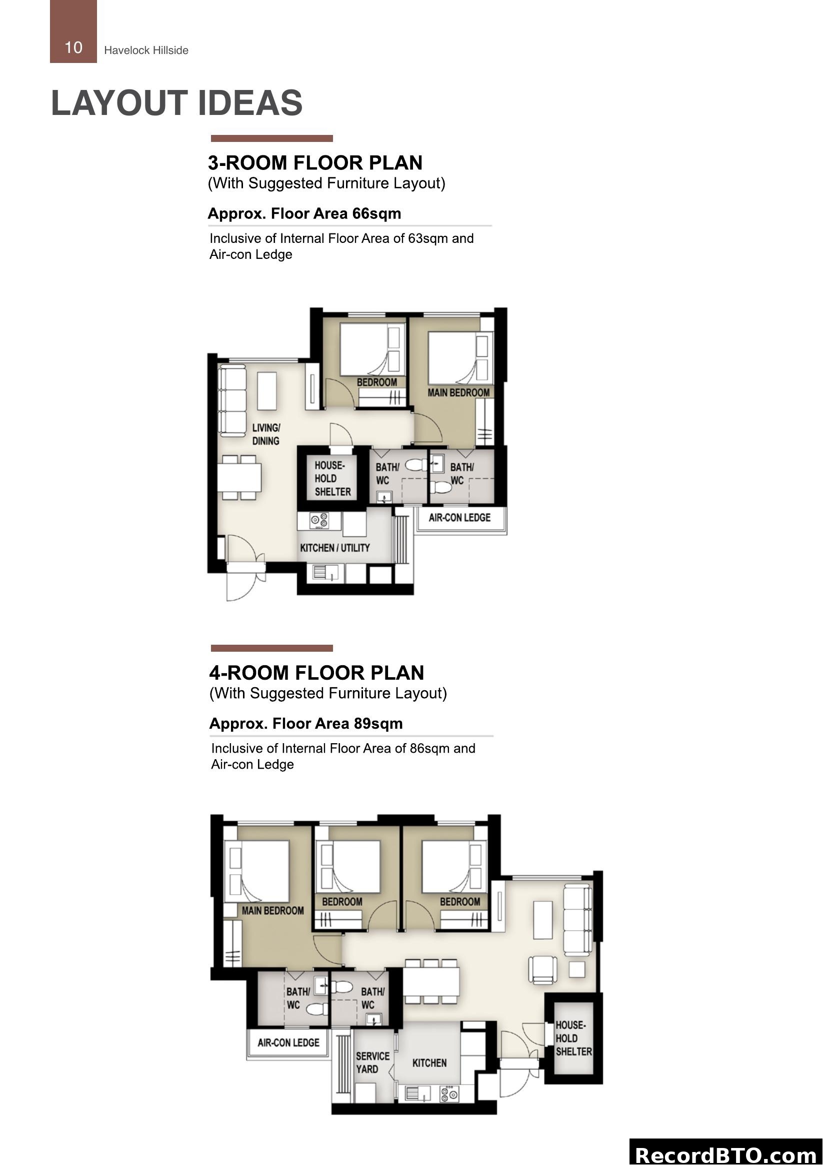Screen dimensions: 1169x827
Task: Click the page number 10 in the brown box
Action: coord(73,47)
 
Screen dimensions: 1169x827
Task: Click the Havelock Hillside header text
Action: coord(146,50)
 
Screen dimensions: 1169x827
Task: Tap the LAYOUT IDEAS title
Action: coord(176,103)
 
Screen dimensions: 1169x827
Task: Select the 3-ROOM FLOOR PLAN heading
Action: coord(315,163)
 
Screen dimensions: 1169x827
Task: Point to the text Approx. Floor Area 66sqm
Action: coord(304,213)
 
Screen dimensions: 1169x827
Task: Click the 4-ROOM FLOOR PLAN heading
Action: coord(316,673)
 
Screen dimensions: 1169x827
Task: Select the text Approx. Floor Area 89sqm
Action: coord(306,724)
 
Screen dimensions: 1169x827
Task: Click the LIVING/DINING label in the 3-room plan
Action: coord(266,434)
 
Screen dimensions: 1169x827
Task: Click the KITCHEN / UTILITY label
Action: coord(334,548)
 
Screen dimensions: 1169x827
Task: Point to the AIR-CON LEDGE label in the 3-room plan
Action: coord(459,518)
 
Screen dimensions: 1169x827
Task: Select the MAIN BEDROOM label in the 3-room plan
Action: coord(458,392)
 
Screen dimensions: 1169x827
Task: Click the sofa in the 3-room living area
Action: coord(232,401)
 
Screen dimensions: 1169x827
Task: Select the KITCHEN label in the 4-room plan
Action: coord(429,1063)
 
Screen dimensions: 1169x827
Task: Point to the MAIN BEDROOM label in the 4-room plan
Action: coord(272,910)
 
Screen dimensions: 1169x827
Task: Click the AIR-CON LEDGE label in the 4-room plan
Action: coord(288,1043)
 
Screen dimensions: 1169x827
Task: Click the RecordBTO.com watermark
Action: coord(725,1155)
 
